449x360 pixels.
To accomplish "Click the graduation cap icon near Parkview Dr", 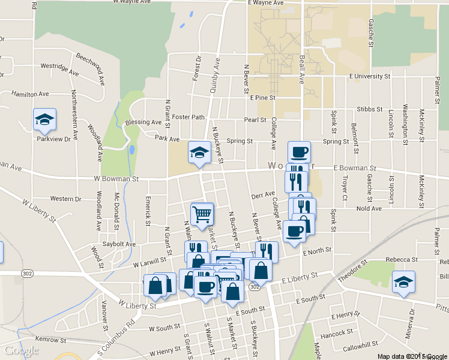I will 44,120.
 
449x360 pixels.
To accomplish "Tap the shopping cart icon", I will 202,213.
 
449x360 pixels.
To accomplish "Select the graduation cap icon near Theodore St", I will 403,281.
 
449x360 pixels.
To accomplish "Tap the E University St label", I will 370,77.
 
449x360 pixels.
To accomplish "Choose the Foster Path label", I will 188,117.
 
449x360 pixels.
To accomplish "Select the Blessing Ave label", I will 143,122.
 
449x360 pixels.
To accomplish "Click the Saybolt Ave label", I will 119,244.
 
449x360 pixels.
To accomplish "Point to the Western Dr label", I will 65,199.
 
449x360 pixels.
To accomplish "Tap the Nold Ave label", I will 369,209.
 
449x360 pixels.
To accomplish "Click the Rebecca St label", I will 402,259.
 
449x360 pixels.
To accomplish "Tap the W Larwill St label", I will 149,263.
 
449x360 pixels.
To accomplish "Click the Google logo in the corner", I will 21,350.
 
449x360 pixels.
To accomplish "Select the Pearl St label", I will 255,120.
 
